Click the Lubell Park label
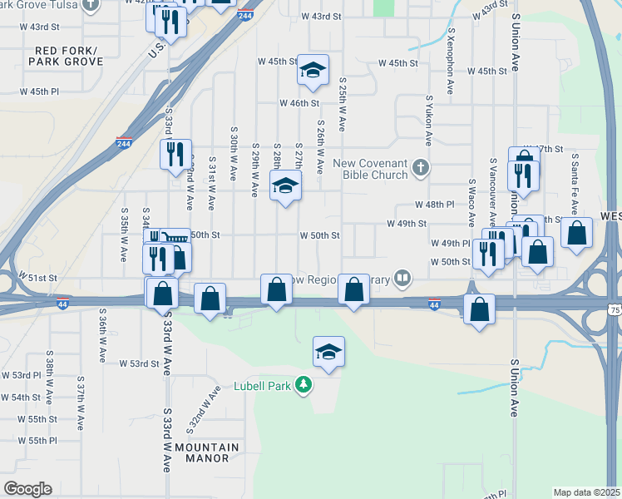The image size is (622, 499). tap(265, 385)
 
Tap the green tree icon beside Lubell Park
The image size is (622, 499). tap(305, 385)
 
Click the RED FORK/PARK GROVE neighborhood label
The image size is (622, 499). tap(68, 56)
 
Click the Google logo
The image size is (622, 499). tap(27, 489)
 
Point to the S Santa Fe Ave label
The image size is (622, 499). tap(574, 187)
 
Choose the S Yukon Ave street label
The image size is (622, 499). tap(429, 121)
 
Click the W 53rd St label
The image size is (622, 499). tap(138, 363)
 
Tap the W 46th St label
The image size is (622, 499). tap(299, 103)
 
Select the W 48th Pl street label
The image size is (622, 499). tap(435, 205)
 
